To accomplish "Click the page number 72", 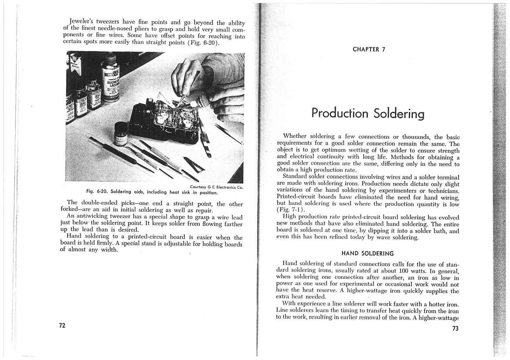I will (x=62, y=326).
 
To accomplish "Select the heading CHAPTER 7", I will (x=368, y=49).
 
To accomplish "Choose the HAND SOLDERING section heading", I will (x=367, y=253).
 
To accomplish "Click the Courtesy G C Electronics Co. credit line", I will (x=216, y=187).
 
